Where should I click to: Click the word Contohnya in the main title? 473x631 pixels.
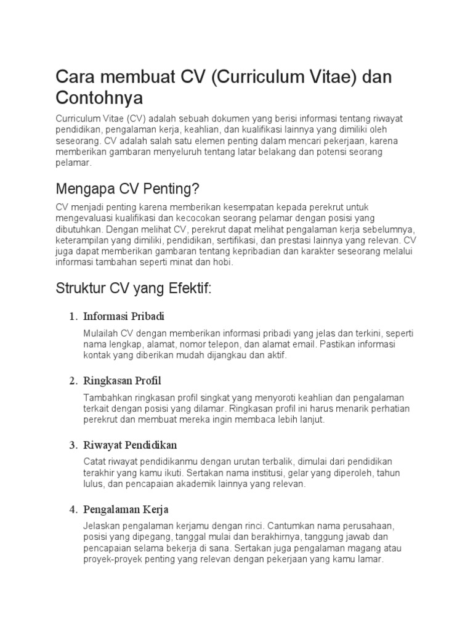pos(99,97)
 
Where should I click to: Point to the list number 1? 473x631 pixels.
pos(72,316)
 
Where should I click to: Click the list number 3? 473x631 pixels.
pos(72,444)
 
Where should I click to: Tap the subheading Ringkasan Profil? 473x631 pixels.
pos(122,380)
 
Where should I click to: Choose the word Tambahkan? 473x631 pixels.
pos(107,397)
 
